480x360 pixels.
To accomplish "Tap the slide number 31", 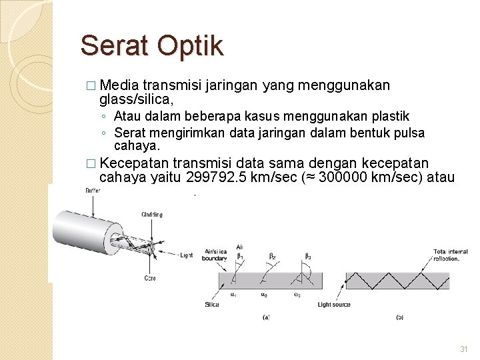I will point(464,350).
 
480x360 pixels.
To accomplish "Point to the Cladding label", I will point(151,215).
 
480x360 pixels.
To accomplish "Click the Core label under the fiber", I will point(149,278).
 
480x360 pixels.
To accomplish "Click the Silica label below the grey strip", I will point(212,305).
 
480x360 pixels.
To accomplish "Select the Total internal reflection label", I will point(449,256).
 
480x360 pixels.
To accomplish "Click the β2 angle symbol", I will point(271,255).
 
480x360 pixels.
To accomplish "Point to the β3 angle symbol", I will point(307,255).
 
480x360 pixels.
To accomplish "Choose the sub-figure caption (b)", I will point(399,317).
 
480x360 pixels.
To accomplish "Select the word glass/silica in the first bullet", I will point(137,99).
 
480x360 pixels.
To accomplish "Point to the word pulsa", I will point(408,133).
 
